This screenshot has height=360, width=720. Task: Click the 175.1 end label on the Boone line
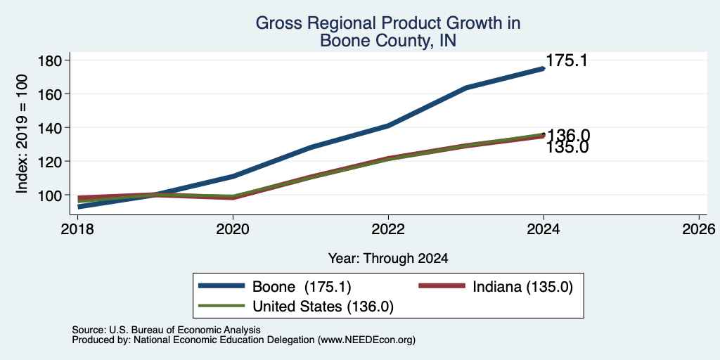point(567,60)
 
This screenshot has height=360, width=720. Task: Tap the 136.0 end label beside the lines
point(568,136)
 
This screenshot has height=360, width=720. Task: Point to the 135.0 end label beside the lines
point(567,148)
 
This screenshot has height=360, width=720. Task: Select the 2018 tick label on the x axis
point(78,229)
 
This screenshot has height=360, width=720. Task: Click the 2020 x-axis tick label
point(233,229)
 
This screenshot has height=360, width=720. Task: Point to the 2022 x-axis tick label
point(388,229)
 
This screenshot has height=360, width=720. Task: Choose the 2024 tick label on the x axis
point(544,229)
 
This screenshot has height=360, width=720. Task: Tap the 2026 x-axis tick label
point(699,229)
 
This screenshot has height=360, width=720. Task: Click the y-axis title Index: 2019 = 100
point(22,134)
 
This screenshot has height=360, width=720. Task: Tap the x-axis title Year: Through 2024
point(388,259)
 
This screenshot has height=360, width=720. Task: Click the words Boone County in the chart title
point(371,41)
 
